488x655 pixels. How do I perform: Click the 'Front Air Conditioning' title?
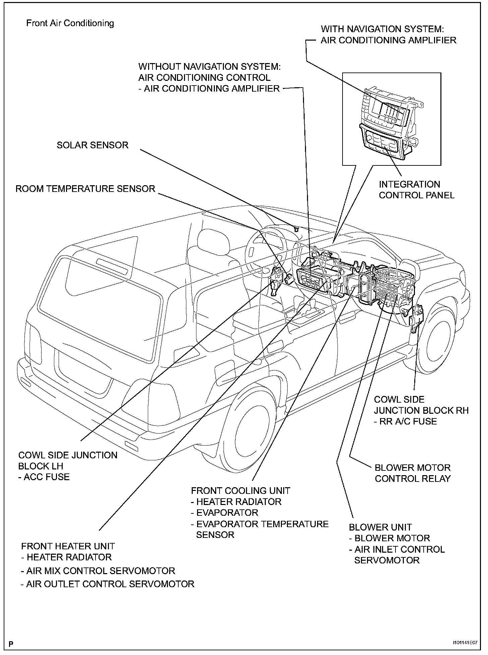coord(70,23)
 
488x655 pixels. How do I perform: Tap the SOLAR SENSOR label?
coord(93,145)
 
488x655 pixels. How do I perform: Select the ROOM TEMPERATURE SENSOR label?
coord(85,189)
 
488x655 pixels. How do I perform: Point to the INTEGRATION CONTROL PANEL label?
coord(416,190)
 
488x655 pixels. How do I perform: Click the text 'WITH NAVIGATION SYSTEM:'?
coord(384,29)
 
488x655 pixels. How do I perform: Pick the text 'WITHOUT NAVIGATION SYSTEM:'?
coord(209,66)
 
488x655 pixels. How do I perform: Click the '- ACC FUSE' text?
coord(44,477)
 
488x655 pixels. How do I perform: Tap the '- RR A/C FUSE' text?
coord(405,421)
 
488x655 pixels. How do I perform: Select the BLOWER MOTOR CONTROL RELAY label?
coord(412,473)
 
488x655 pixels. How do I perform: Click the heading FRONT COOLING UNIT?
coord(240,491)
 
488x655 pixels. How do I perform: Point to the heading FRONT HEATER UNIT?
coord(68,546)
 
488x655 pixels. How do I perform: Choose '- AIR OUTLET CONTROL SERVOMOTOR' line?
coord(108,584)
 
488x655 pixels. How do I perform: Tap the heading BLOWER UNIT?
coord(380,527)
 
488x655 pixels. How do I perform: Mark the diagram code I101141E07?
coord(465,643)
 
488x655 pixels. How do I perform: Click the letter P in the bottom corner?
coord(11,644)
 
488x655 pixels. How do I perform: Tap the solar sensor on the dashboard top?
coord(296,229)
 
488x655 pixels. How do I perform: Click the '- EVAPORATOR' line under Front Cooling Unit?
coord(225,513)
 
